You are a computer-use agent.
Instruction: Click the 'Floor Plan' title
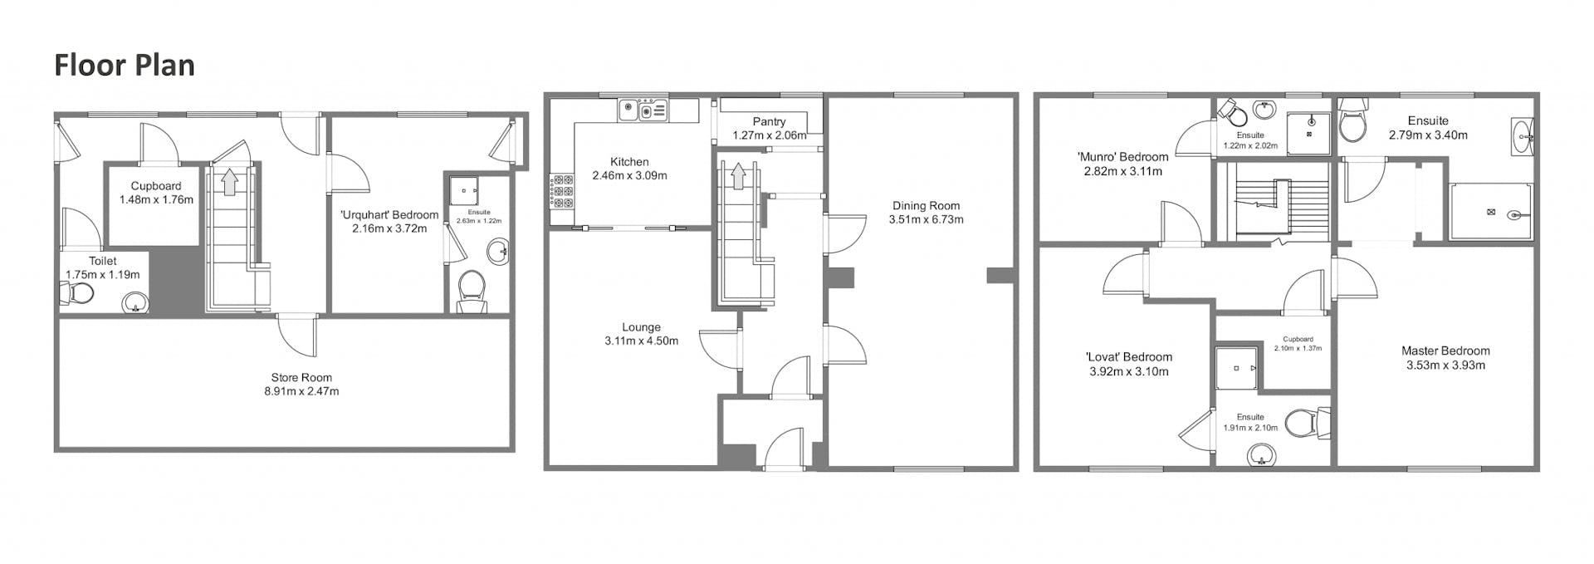pyautogui.click(x=125, y=65)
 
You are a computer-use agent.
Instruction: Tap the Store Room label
pyautogui.click(x=301, y=377)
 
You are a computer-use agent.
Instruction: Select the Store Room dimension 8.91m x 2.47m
pyautogui.click(x=301, y=391)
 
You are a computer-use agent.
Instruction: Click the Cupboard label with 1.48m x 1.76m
pyautogui.click(x=156, y=186)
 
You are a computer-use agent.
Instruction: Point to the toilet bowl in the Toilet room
pyautogui.click(x=77, y=293)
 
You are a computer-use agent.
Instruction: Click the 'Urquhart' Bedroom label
pyautogui.click(x=389, y=215)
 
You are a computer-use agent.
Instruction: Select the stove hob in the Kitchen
pyautogui.click(x=562, y=191)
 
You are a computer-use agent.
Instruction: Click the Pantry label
pyautogui.click(x=769, y=121)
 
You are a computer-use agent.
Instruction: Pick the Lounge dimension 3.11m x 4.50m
pyautogui.click(x=641, y=341)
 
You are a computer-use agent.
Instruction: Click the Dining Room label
pyautogui.click(x=926, y=206)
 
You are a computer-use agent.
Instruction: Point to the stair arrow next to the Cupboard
pyautogui.click(x=228, y=181)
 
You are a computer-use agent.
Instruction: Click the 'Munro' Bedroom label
pyautogui.click(x=1122, y=157)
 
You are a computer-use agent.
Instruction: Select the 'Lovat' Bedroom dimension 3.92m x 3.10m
pyautogui.click(x=1129, y=371)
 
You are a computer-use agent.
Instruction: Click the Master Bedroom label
pyautogui.click(x=1445, y=351)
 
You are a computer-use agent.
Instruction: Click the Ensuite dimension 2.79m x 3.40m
pyautogui.click(x=1428, y=135)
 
